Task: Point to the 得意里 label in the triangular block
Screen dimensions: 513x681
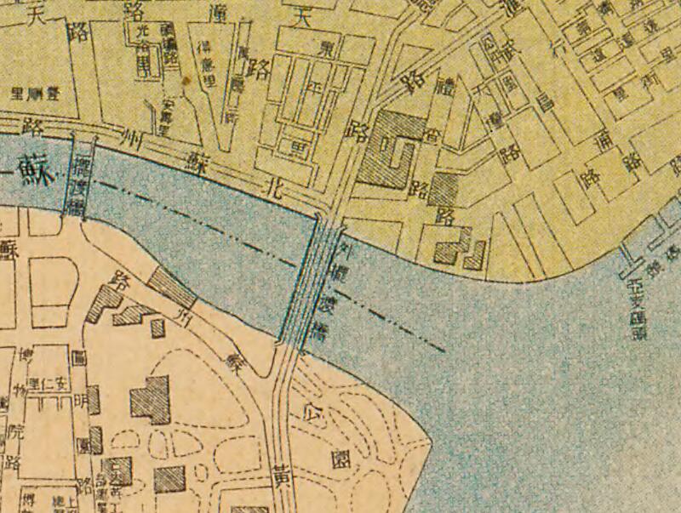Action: click(204, 64)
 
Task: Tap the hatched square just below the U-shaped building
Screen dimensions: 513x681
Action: click(444, 189)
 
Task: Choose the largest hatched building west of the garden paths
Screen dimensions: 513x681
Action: click(151, 398)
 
